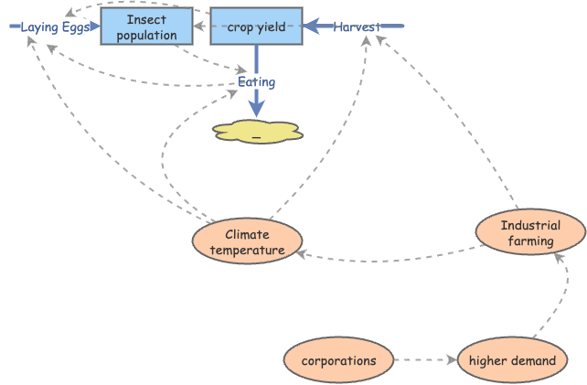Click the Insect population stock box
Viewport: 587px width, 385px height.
[x=146, y=27]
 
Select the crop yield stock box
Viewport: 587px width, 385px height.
[x=256, y=27]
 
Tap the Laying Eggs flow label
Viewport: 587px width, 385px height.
[x=53, y=27]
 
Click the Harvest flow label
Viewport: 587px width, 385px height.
[x=356, y=27]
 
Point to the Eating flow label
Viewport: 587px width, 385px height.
[x=256, y=82]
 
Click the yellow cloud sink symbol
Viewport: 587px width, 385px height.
[x=257, y=132]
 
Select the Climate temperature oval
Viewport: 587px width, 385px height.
[x=247, y=242]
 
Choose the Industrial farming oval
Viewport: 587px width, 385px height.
[x=531, y=233]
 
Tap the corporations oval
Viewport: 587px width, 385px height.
[x=338, y=360]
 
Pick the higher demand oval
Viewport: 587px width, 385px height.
[x=512, y=360]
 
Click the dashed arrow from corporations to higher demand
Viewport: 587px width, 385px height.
[x=425, y=360]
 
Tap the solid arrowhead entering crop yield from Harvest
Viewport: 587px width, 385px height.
[x=311, y=27]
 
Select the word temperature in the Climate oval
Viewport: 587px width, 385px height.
[x=247, y=250]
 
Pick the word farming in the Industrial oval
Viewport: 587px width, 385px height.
[x=531, y=241]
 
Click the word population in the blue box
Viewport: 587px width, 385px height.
[x=146, y=36]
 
